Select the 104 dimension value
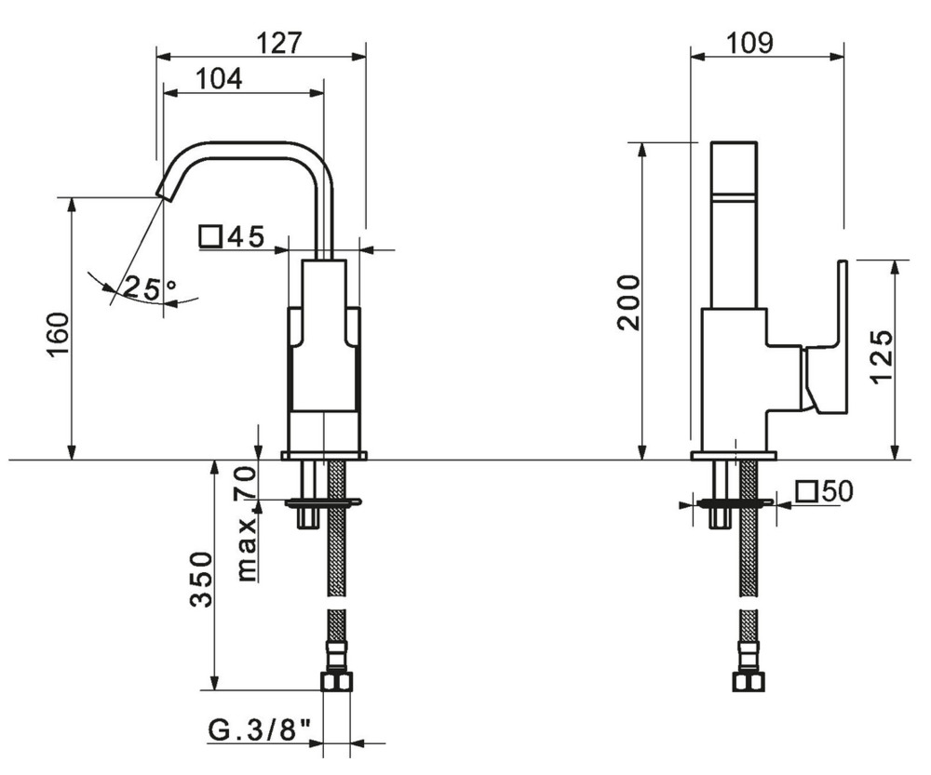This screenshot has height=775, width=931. pos(219,79)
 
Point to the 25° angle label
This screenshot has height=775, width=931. pos(149,288)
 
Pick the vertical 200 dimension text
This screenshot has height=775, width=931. pos(628,302)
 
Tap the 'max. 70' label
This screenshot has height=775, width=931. pos(245,525)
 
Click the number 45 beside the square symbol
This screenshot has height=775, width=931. pos(246,237)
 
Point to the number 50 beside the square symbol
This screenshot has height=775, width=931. pos(837,490)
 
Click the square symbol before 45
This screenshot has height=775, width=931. pos(209,237)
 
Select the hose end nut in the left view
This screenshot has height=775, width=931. pos(337,681)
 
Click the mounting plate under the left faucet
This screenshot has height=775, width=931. pos(324,455)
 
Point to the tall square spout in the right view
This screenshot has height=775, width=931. pos(735,223)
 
